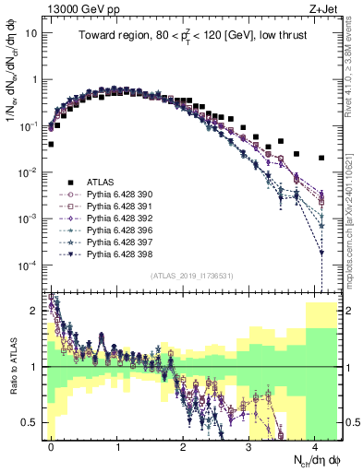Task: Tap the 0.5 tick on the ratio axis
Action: [x=31, y=422]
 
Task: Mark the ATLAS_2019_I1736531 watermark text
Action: [x=191, y=277]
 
